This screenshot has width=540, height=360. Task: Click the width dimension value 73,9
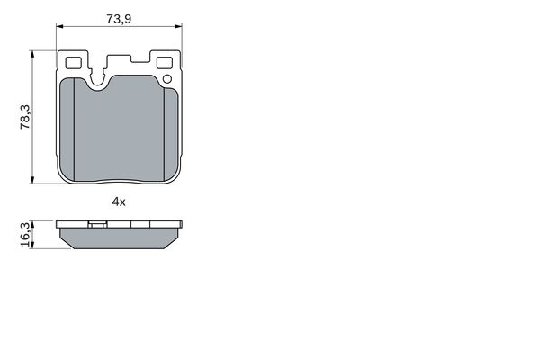point(119,19)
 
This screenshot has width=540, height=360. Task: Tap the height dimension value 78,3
point(25,117)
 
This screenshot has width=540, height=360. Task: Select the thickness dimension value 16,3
point(25,235)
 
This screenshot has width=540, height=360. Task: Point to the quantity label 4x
point(119,202)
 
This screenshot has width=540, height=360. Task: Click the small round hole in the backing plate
point(167,79)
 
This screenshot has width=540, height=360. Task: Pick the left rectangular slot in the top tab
point(73,63)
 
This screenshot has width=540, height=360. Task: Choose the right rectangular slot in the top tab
point(165,63)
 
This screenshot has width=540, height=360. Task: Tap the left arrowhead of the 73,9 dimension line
point(59,26)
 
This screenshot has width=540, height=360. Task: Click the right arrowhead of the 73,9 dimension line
point(178,26)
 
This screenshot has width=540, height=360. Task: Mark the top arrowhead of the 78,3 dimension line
point(32,54)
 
